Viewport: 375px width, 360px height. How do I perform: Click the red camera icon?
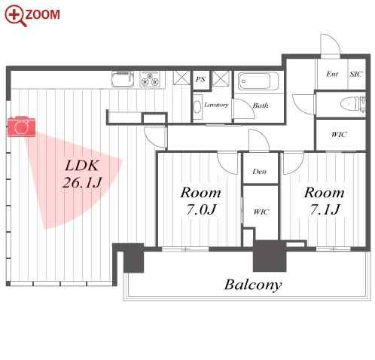coord(21,127)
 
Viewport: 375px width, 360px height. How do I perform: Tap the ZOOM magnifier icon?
coord(15,16)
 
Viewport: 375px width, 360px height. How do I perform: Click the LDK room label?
coord(81,166)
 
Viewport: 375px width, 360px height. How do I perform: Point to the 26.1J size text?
coord(82,182)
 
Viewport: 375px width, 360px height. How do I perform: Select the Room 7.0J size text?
coord(201,209)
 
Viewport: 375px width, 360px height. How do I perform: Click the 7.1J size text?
coord(325,209)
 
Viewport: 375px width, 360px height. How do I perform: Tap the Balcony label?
coord(253,285)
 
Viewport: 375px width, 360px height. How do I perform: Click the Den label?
coord(260,172)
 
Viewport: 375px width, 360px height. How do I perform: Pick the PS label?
coord(200,79)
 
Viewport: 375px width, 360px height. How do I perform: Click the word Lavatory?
coord(216,105)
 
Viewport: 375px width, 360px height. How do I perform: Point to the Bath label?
coord(261,105)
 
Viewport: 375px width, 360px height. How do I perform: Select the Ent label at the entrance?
coord(332,74)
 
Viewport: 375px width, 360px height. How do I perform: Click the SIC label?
coord(356,75)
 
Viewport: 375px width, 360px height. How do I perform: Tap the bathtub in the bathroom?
coord(258,81)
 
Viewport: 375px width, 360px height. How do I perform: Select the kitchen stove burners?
coord(150,79)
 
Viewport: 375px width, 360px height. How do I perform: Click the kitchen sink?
coord(123,79)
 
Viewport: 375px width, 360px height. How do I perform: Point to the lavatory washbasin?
coord(198,107)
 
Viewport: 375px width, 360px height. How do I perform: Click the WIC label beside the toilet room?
coord(339,135)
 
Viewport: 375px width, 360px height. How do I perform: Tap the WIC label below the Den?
coord(261,212)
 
